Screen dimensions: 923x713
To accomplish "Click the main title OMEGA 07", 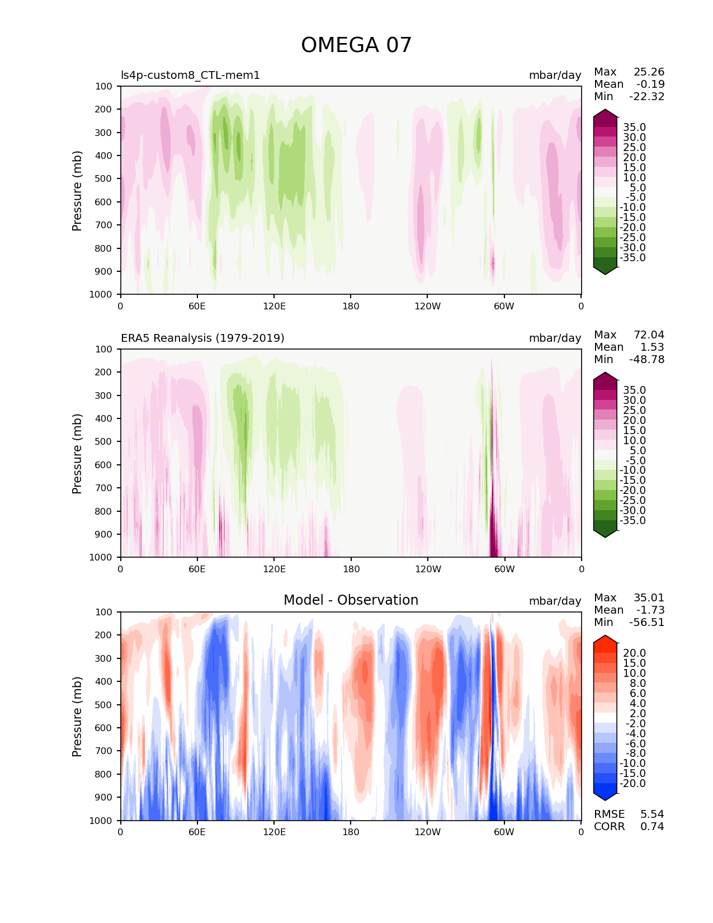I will [x=356, y=45].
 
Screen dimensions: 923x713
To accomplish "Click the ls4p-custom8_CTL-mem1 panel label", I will [x=190, y=75].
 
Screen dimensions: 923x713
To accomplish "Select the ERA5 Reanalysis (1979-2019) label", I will [x=202, y=338].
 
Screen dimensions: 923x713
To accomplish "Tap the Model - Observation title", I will [x=351, y=600].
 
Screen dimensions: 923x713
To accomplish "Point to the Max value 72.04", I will [x=649, y=335].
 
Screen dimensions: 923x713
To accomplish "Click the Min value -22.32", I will [x=646, y=97].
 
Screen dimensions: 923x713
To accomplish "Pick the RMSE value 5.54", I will [x=652, y=814].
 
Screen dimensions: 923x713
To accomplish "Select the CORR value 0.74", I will [x=652, y=827].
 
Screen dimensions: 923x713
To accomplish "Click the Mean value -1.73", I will [x=650, y=610].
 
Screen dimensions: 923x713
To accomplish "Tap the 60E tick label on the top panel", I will [x=197, y=306].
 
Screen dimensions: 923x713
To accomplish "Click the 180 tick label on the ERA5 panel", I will [x=351, y=569].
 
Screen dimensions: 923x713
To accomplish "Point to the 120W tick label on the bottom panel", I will [x=427, y=832].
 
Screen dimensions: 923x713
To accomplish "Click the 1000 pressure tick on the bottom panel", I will [x=101, y=821].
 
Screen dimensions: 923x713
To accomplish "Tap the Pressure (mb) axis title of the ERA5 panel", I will [x=77, y=453].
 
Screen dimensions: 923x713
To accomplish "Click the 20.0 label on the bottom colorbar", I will [x=634, y=653].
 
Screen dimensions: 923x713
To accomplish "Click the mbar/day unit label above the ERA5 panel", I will [x=555, y=338].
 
